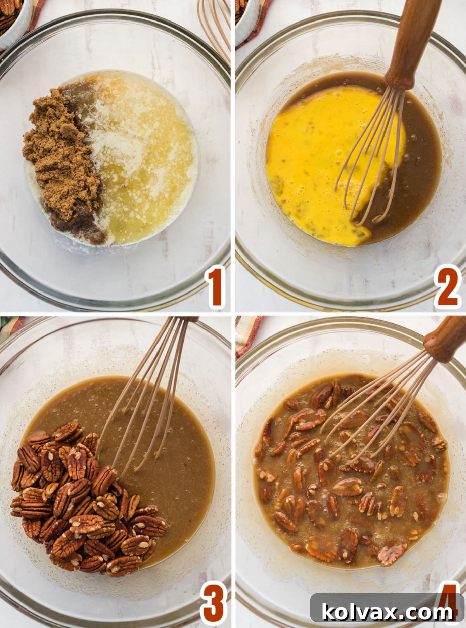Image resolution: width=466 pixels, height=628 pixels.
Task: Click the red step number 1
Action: [216, 287]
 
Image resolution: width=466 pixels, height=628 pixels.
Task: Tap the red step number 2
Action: [447, 287]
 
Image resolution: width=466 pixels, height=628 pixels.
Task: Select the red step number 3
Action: [213, 603]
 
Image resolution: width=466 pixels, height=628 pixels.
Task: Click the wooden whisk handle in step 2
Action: [412, 43]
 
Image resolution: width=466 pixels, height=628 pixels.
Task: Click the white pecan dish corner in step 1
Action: [16, 19]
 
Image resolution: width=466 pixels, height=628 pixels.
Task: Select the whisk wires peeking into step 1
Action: [216, 23]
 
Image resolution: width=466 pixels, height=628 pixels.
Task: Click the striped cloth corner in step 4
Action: [247, 333]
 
